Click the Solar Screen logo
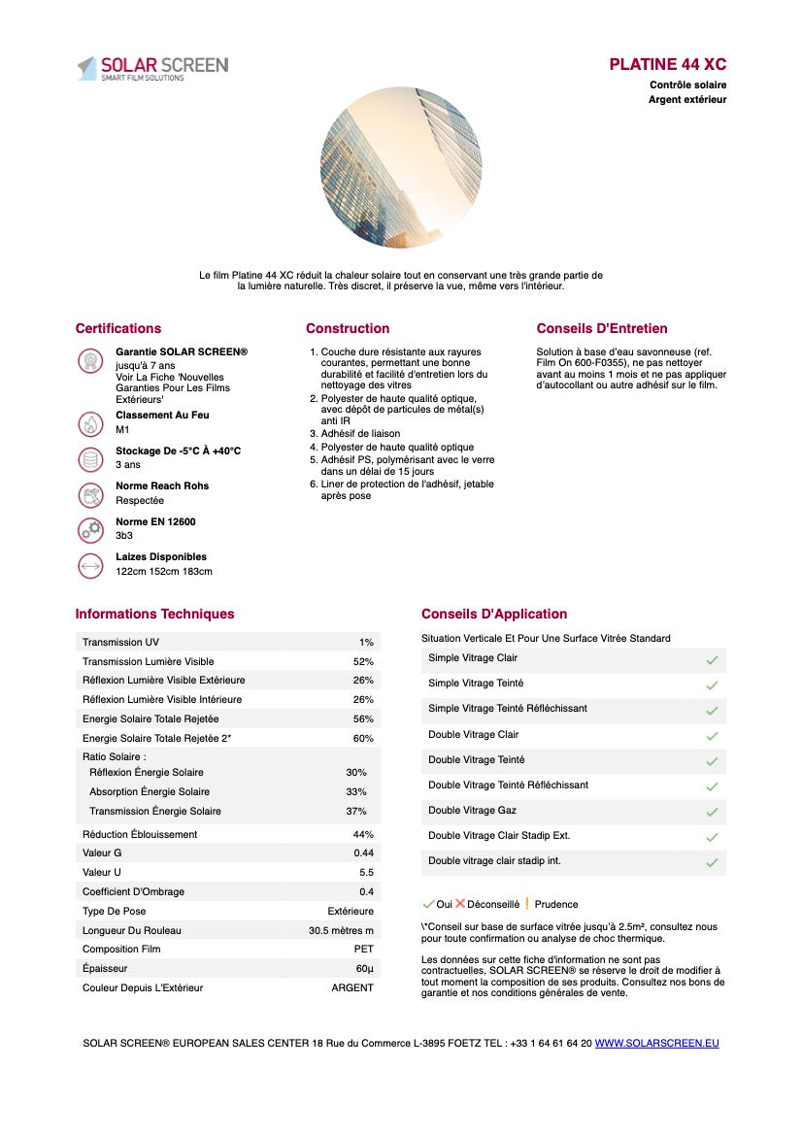tap(152, 68)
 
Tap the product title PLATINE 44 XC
tap(667, 65)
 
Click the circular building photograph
tap(401, 168)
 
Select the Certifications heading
tap(118, 328)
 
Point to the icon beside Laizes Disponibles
tap(90, 565)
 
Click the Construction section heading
tap(348, 328)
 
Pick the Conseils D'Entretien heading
tap(602, 328)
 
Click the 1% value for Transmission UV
tap(366, 643)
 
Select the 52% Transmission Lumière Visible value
tap(363, 661)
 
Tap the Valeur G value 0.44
tap(363, 853)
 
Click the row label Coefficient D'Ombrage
tap(133, 892)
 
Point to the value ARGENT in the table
tap(352, 988)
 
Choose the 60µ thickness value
tap(364, 969)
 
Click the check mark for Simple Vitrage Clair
tap(712, 660)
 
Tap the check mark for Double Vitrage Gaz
tap(712, 812)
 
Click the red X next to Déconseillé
tap(460, 904)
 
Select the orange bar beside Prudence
tap(527, 904)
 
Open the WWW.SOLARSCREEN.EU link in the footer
tap(656, 1044)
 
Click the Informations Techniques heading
tap(154, 614)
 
